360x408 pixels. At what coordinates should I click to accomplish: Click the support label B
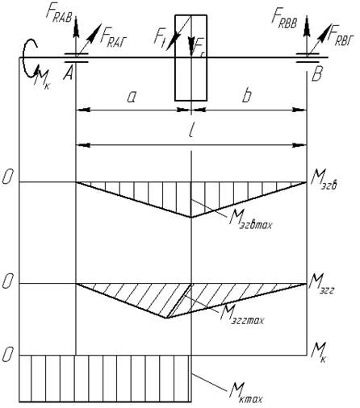tap(316, 74)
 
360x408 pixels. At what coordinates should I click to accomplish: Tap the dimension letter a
tap(132, 98)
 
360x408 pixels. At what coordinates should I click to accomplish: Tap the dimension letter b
tap(247, 95)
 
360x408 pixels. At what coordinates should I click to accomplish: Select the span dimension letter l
tap(191, 131)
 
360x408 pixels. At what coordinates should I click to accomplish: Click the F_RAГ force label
tap(113, 39)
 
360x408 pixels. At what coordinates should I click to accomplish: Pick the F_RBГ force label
tap(340, 35)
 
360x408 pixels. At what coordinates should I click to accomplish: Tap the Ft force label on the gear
tap(159, 38)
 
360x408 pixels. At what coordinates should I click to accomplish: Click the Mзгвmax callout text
tap(250, 221)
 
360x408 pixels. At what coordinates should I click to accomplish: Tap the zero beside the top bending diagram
tap(7, 177)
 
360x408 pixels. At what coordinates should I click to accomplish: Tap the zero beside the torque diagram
tap(7, 355)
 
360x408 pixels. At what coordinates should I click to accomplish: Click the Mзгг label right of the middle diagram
tap(322, 286)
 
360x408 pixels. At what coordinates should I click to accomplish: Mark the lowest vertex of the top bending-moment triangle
tap(191, 217)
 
